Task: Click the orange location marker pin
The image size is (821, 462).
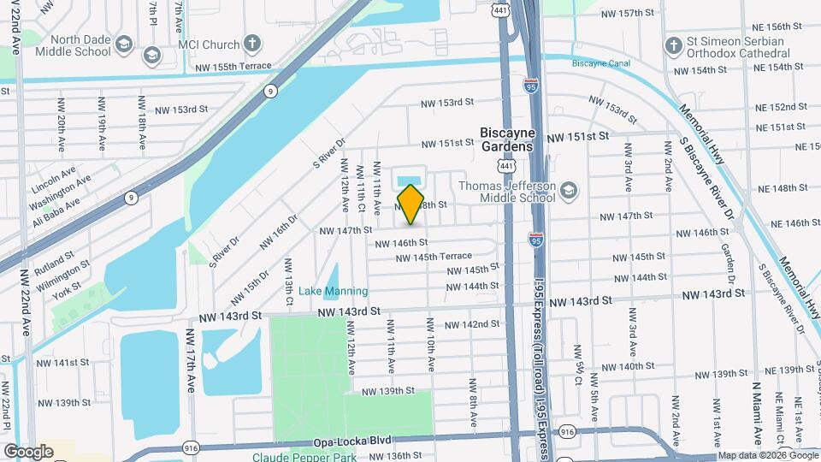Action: click(410, 204)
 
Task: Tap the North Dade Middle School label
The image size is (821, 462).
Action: click(81, 45)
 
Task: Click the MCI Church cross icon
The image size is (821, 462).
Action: click(251, 43)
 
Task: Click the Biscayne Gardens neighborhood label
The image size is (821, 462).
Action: click(507, 139)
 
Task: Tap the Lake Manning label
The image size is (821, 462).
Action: click(333, 292)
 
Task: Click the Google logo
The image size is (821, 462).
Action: click(28, 451)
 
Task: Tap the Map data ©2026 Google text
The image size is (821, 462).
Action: click(767, 455)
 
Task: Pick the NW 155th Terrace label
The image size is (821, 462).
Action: click(233, 66)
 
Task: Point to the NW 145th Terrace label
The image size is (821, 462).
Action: click(432, 257)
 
